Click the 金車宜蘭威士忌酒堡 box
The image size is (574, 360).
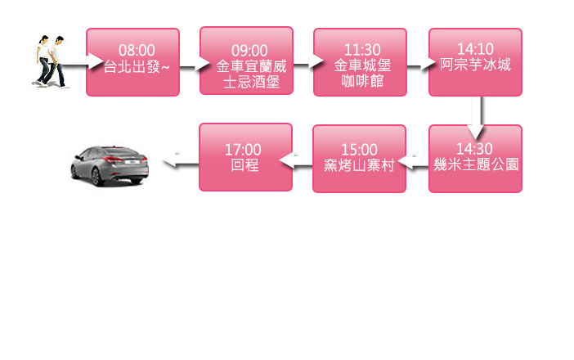click(x=246, y=61)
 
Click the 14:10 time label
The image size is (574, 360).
click(x=476, y=49)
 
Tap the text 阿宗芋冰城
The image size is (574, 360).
click(x=476, y=65)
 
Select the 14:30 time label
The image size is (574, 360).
click(x=476, y=149)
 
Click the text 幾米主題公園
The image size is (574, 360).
click(x=476, y=164)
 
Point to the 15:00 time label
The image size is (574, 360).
click(x=360, y=149)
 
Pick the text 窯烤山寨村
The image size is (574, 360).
click(x=360, y=165)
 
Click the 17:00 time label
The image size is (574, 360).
click(x=243, y=149)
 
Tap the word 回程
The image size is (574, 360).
click(x=243, y=164)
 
